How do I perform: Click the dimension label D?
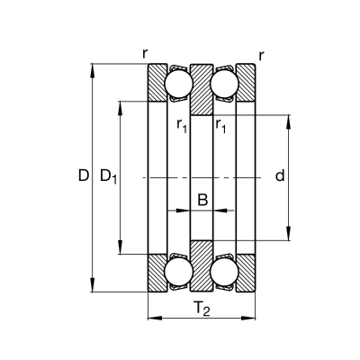(x=84, y=175)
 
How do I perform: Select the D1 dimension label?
(x=108, y=176)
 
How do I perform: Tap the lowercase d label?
(x=280, y=175)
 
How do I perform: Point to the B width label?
(x=202, y=200)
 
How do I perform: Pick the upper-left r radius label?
(x=145, y=54)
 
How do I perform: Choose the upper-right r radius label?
(x=261, y=56)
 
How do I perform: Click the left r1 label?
(x=182, y=126)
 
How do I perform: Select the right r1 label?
(x=220, y=126)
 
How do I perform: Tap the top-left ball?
(x=179, y=84)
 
